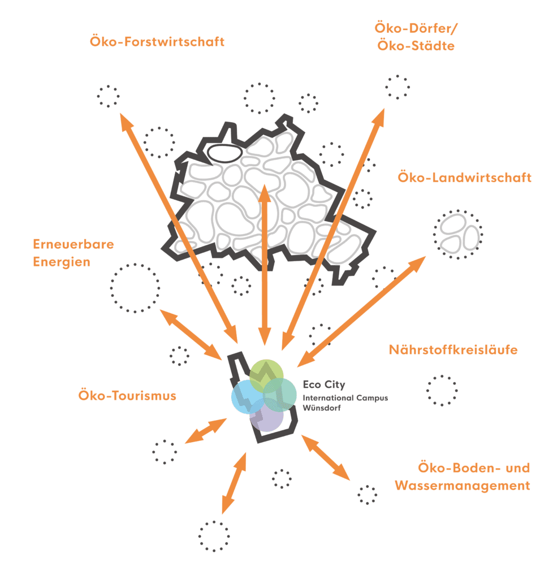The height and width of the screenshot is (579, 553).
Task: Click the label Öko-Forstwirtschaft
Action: (x=157, y=42)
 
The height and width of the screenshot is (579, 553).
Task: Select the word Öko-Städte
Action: (x=415, y=45)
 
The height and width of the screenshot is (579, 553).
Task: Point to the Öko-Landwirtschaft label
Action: (x=464, y=178)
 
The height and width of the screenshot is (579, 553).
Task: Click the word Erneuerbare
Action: (x=74, y=244)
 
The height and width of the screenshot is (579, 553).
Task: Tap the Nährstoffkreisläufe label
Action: (x=453, y=350)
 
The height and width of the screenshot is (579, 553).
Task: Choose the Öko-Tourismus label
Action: (x=127, y=395)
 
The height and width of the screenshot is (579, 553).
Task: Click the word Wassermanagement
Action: (x=463, y=485)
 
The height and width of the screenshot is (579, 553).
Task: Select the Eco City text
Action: (x=323, y=385)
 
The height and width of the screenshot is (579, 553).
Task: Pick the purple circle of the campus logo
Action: (x=266, y=419)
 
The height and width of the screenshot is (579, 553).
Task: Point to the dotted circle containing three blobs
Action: (x=458, y=234)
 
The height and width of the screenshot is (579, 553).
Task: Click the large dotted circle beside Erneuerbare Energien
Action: (x=135, y=288)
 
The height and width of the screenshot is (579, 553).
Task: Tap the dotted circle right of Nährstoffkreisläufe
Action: (x=442, y=390)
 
